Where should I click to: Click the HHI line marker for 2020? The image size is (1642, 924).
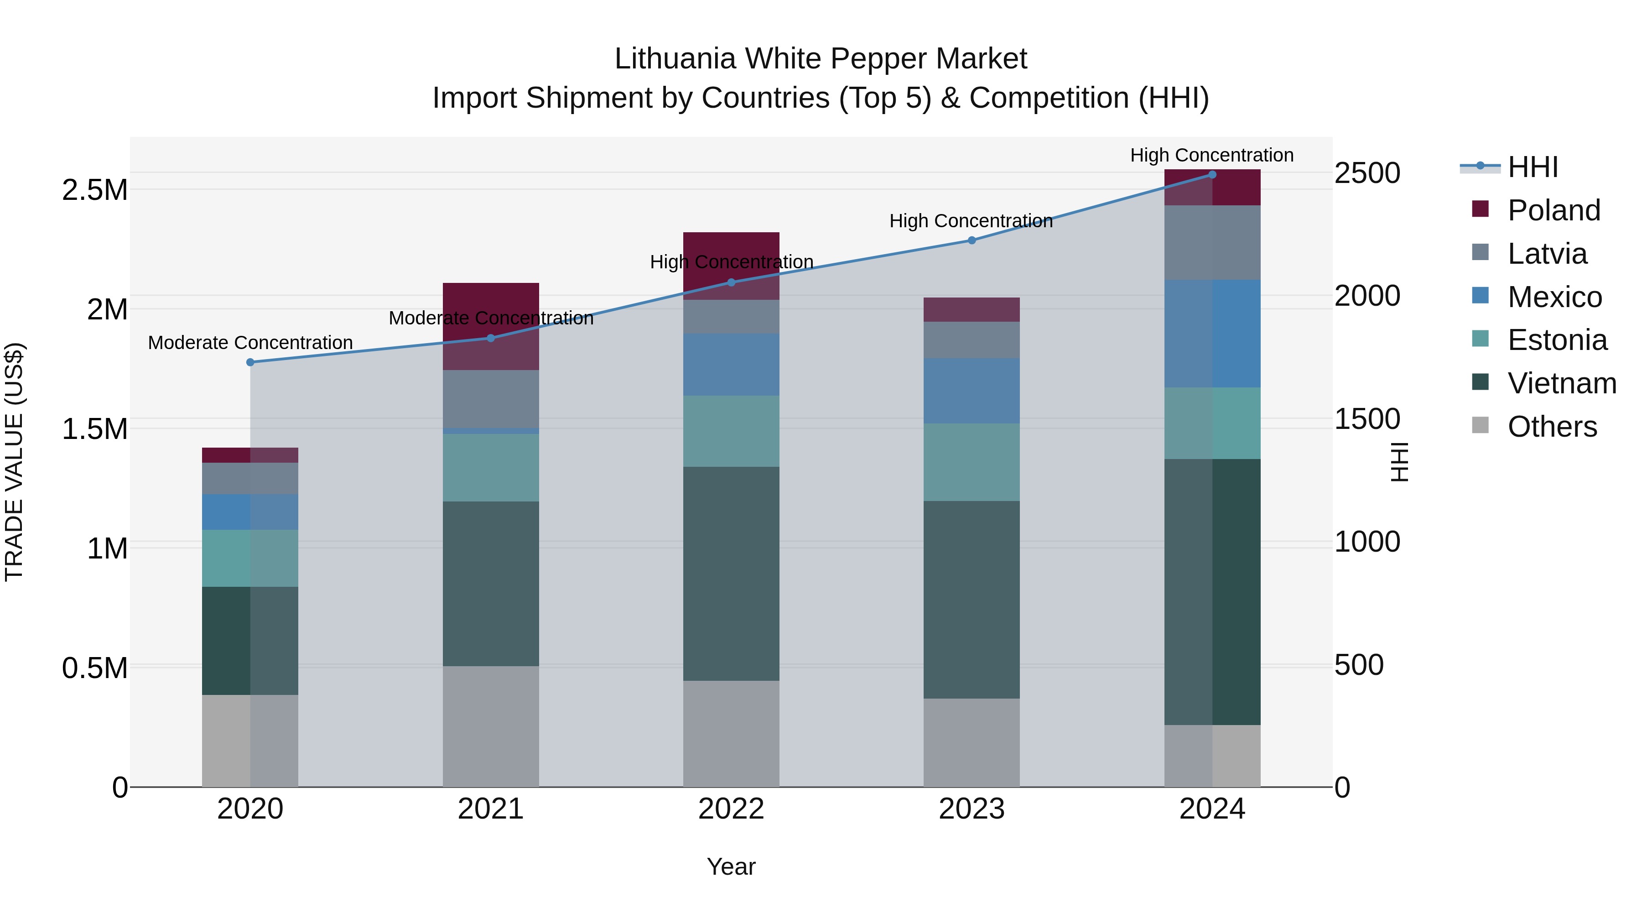pos(250,362)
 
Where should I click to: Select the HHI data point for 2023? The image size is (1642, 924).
pos(972,240)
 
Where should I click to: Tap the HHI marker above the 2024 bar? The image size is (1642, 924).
pos(1212,175)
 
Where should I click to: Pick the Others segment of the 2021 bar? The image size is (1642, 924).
pos(491,726)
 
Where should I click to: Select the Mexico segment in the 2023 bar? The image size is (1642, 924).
pos(972,391)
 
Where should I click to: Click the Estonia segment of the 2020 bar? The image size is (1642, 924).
pos(250,558)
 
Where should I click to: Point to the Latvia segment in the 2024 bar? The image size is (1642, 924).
pos(1212,242)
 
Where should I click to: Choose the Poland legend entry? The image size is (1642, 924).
pos(1554,210)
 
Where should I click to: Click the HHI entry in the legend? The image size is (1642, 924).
pos(1533,167)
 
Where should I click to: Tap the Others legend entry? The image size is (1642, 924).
pos(1552,427)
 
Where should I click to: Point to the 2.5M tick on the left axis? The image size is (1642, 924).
pos(94,190)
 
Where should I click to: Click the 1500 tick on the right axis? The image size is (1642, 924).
pos(1367,419)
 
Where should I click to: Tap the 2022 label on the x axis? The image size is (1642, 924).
pos(731,809)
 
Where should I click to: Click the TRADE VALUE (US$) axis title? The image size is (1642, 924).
pos(14,462)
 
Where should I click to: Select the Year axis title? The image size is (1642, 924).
pos(731,867)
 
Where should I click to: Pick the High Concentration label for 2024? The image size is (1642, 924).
pos(1212,155)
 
